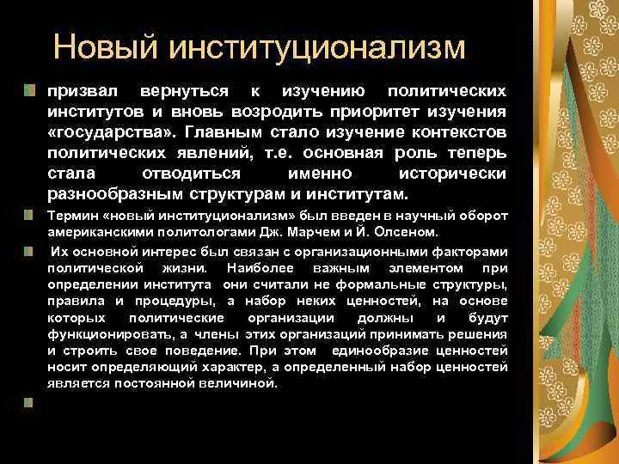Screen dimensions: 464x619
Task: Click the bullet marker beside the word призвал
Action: click(x=30, y=90)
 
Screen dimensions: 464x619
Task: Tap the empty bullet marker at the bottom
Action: click(x=30, y=401)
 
